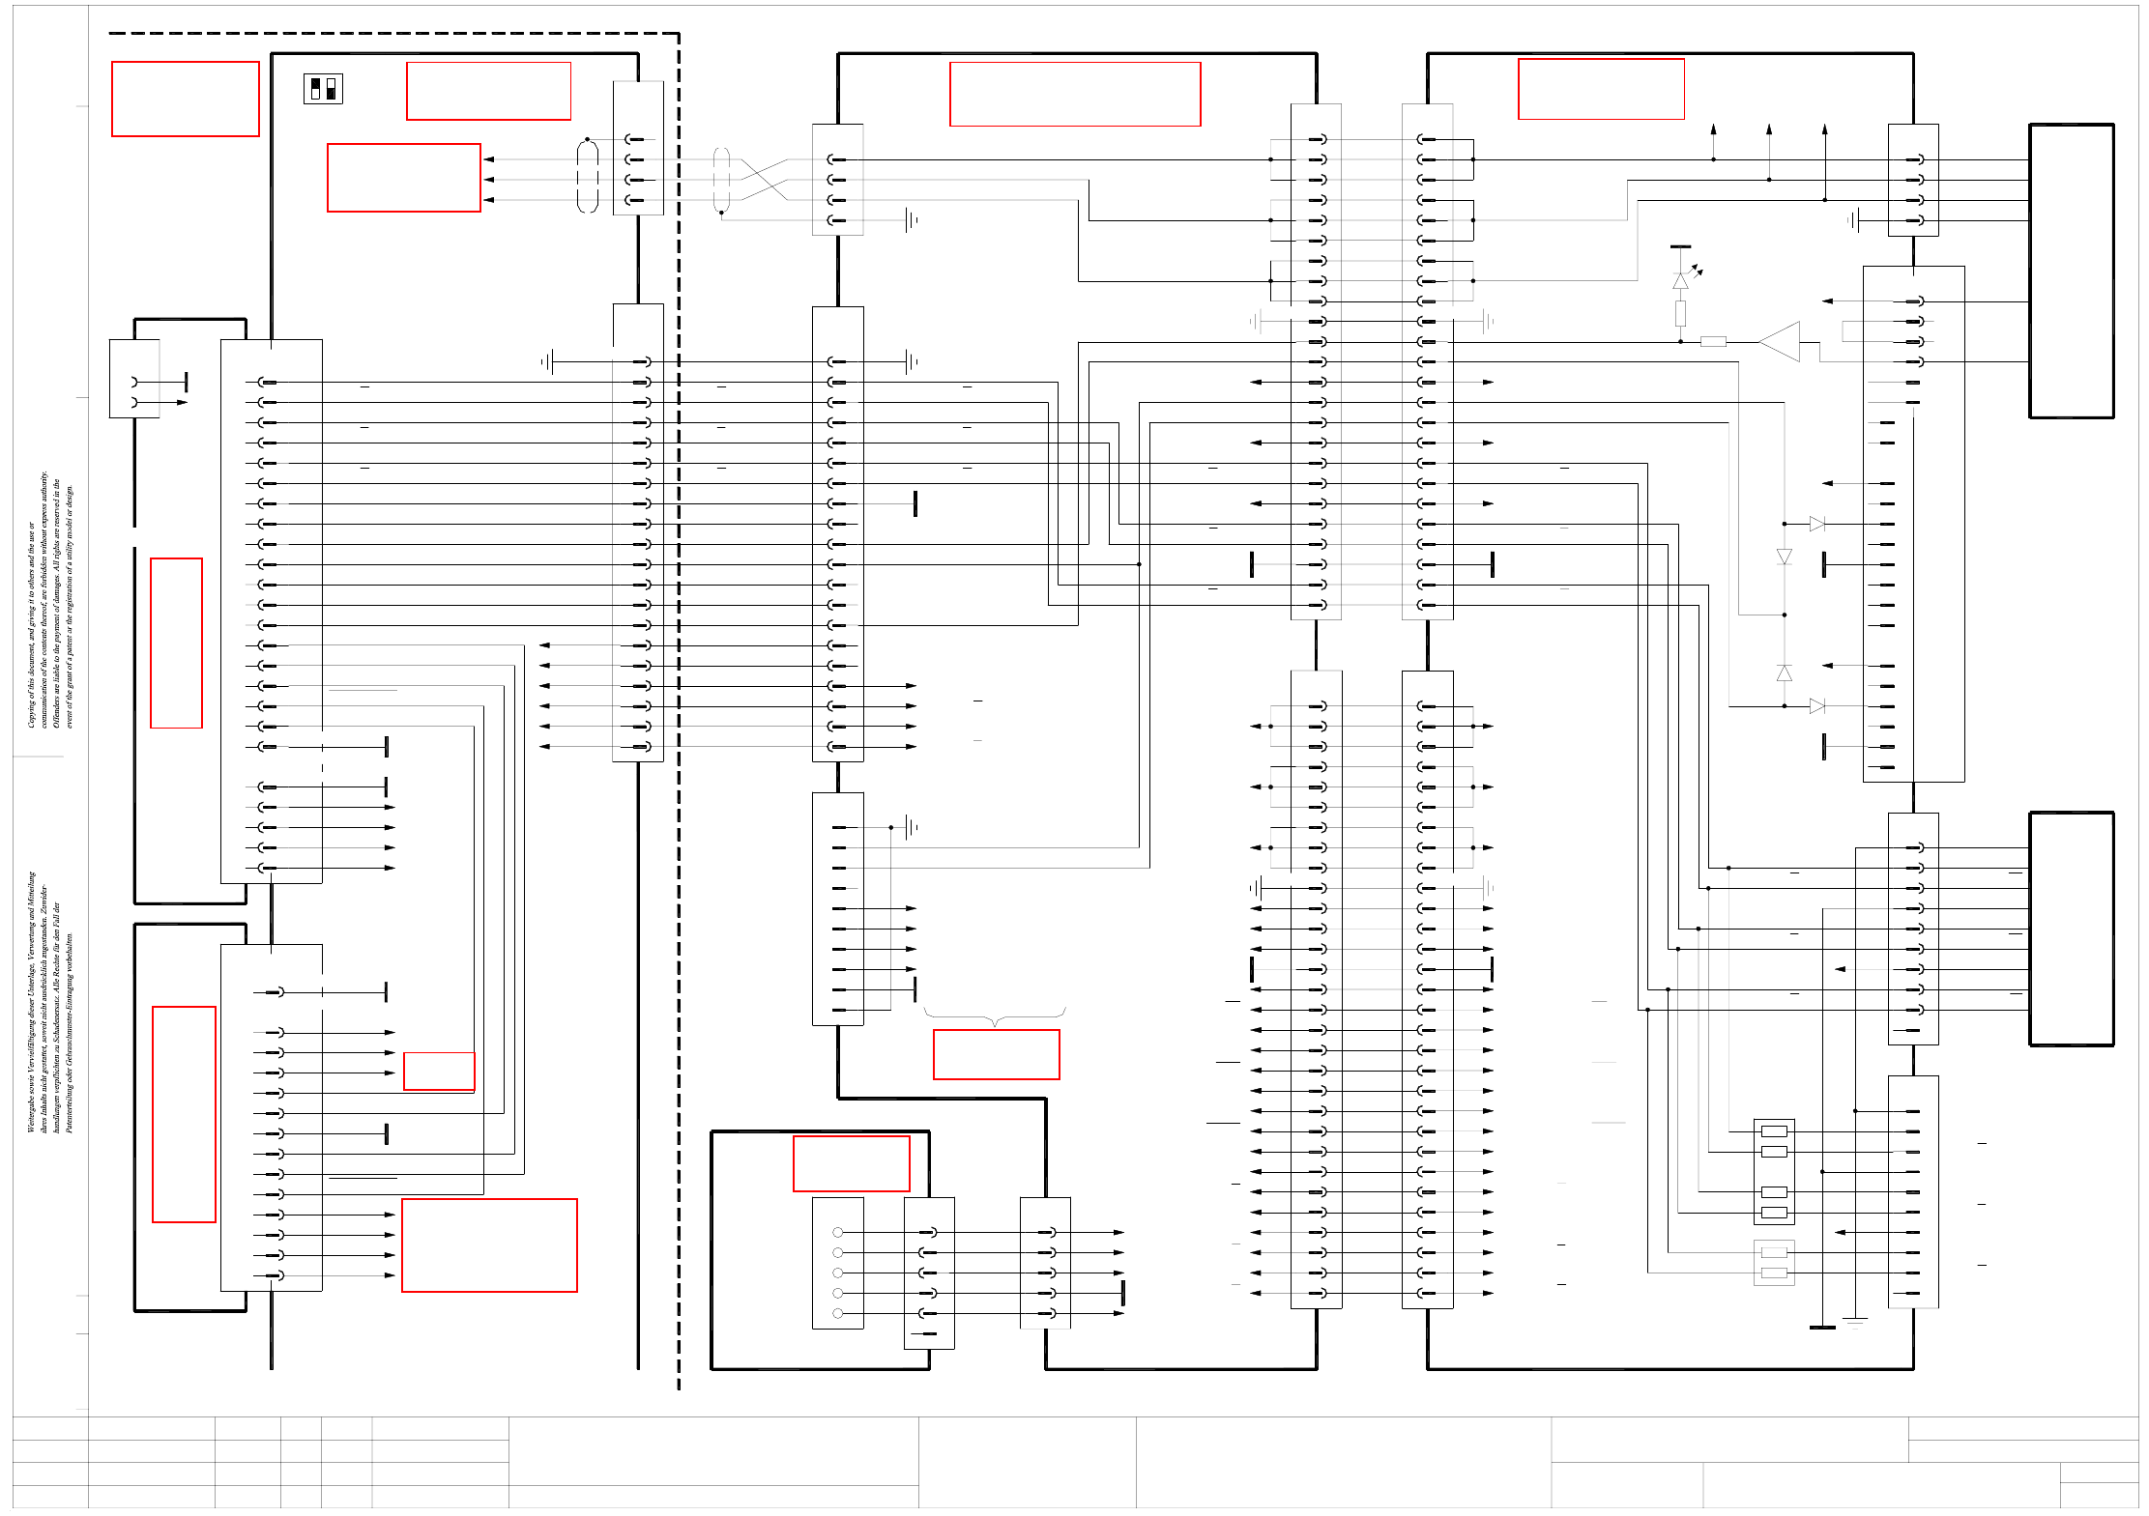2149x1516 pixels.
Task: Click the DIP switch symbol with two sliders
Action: coord(323,89)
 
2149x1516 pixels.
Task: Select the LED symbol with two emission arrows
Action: coord(1681,280)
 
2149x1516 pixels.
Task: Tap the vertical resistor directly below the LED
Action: coord(1681,313)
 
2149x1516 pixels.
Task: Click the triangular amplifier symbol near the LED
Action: coord(1781,342)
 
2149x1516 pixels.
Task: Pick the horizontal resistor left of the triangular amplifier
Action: coord(1713,341)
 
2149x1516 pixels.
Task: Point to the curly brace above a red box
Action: coord(995,1016)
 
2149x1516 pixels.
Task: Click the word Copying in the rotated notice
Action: coord(31,711)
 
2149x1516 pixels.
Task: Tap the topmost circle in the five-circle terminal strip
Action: coord(838,1232)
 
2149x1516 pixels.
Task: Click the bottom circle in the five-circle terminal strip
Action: coord(838,1313)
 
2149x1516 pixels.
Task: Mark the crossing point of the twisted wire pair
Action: coord(764,180)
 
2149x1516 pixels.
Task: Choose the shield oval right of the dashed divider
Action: coord(721,180)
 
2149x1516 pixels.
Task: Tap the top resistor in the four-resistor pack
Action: coord(1774,1131)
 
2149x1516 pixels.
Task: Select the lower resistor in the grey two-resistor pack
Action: coord(1774,1273)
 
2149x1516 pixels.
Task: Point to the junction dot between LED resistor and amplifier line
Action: coord(1681,341)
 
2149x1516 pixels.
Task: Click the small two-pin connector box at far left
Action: coord(134,379)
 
